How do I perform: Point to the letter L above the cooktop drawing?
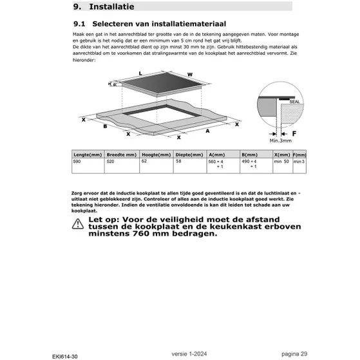point(140,75)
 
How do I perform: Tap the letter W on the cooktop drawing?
point(190,75)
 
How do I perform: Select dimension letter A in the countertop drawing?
point(207,131)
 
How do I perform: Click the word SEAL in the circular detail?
point(294,100)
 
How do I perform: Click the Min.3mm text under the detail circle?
point(281,140)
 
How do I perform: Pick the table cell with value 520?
point(111,161)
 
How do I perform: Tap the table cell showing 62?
point(144,161)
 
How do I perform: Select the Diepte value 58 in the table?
point(178,161)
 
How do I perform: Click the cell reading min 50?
point(281,161)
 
